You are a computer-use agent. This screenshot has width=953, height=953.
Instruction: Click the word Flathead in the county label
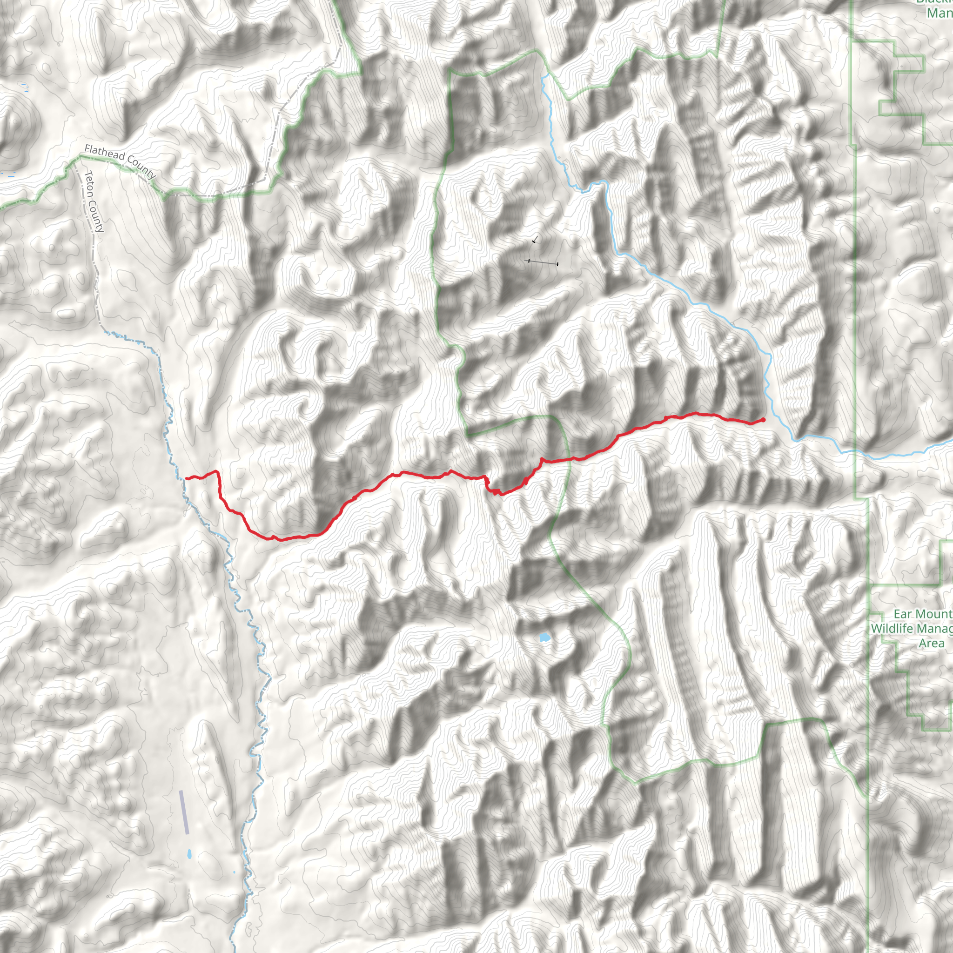point(105,153)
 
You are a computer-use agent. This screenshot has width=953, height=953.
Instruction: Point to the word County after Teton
point(97,215)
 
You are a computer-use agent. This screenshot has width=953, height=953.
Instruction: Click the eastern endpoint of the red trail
point(763,420)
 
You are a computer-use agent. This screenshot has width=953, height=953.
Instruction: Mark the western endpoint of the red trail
point(187,478)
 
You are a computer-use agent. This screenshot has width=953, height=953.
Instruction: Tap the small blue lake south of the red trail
point(544,638)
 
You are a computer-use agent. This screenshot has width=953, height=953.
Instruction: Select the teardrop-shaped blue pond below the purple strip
point(189,854)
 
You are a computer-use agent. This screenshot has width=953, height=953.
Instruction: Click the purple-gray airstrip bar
point(184,812)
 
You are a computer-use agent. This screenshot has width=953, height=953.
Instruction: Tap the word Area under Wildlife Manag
point(931,643)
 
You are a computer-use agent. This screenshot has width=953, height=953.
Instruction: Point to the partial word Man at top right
point(939,13)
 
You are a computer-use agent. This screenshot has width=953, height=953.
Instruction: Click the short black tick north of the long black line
point(534,241)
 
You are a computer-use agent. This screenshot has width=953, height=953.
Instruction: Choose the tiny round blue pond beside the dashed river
point(235,872)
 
